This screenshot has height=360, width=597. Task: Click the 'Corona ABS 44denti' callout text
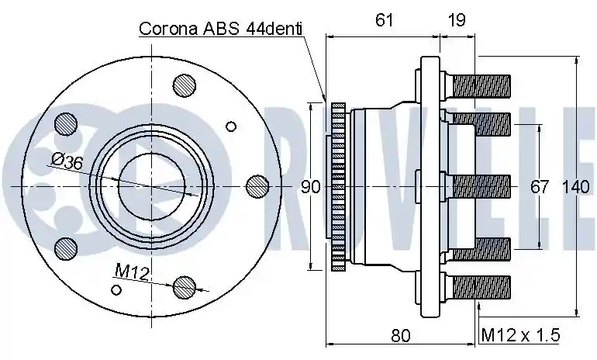click(221, 29)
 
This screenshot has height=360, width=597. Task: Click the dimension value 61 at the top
click(384, 20)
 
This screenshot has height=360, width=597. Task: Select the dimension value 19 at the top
click(457, 20)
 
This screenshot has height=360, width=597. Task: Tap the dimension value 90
click(311, 187)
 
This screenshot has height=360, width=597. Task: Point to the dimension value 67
click(540, 187)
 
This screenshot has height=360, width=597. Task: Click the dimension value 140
click(575, 187)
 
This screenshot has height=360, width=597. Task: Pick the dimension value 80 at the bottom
click(401, 335)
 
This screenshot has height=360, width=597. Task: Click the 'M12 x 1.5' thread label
click(520, 335)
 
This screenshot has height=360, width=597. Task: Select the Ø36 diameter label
click(67, 161)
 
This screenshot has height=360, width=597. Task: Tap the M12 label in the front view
click(132, 272)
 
